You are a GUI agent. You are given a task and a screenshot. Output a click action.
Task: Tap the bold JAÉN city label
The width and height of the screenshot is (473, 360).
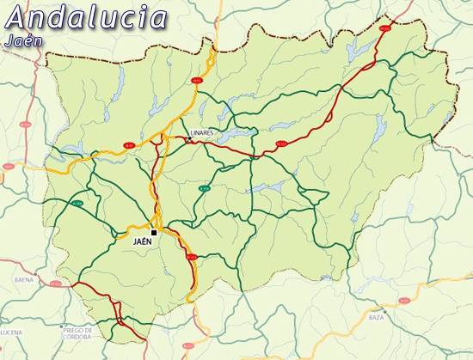[x=143, y=242]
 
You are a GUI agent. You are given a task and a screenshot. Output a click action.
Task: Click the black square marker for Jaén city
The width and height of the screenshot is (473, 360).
[x=154, y=232]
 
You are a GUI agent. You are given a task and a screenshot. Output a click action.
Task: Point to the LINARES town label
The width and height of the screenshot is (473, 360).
[x=201, y=133]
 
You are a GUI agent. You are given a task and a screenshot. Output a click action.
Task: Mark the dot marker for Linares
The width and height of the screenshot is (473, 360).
[x=189, y=138]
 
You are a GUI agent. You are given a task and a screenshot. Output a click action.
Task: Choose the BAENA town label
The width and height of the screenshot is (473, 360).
[x=23, y=280]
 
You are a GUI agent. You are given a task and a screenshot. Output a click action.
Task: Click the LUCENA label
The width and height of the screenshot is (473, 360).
[x=10, y=331]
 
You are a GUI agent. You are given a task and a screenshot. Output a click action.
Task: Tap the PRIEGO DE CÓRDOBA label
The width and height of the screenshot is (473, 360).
[x=83, y=333]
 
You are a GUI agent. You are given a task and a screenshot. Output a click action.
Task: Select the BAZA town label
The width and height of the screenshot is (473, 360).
[x=376, y=318]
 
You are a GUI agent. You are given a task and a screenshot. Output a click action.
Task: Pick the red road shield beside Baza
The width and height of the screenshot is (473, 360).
[x=404, y=301]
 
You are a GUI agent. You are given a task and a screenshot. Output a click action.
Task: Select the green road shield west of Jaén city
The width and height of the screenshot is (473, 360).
[x=77, y=204]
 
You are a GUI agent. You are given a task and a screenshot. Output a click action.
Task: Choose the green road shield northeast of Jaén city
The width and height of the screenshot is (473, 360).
[x=204, y=188]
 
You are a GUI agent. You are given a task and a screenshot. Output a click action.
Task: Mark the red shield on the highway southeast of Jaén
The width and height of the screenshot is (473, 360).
[x=191, y=257]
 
